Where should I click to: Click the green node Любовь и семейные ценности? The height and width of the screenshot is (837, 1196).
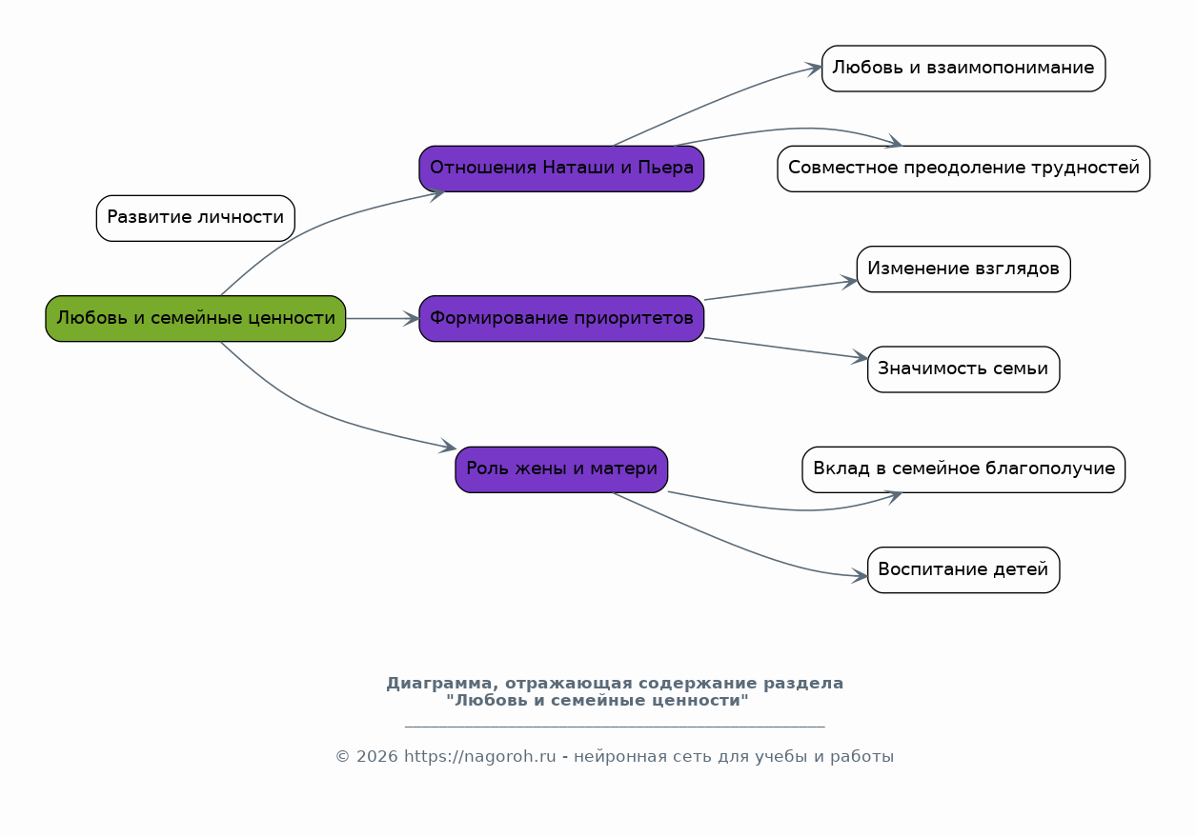pos(195,318)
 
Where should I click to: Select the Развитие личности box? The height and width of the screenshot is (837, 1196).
pos(195,218)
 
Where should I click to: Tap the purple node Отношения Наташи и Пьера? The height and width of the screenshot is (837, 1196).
pos(561,169)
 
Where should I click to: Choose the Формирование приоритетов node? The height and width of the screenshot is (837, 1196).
pos(561,318)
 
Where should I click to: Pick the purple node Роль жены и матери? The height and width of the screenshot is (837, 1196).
pos(561,469)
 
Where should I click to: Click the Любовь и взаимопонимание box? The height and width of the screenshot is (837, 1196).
pos(963,69)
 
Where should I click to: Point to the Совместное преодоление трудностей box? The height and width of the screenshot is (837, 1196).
pos(963,169)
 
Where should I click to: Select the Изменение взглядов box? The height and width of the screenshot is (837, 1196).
pos(963,269)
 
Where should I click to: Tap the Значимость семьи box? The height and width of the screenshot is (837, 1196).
pos(963,369)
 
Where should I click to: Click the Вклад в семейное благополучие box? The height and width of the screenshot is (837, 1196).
pos(963,469)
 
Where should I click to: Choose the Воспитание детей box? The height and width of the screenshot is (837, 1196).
pos(963,569)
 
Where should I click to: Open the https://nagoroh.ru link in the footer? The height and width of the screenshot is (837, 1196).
pos(479,757)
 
